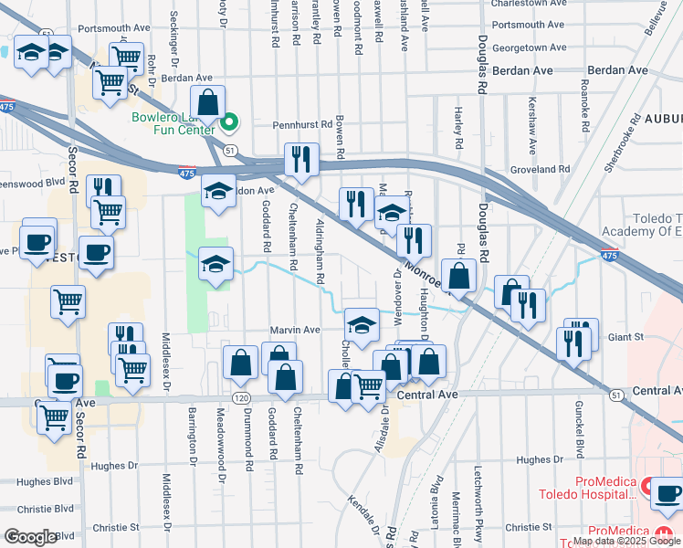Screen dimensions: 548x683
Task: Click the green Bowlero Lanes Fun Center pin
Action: coord(230,120)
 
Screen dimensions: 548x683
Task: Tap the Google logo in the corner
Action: coord(31,537)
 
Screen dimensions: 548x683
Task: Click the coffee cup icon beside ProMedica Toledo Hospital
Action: coord(666,492)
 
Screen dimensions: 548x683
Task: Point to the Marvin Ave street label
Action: coord(294,330)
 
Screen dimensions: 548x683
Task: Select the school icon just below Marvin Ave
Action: coord(362,324)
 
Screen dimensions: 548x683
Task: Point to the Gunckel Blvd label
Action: coord(579,428)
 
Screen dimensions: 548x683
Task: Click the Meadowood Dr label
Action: coord(221,439)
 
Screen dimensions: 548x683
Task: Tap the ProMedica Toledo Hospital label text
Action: coord(606,489)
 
